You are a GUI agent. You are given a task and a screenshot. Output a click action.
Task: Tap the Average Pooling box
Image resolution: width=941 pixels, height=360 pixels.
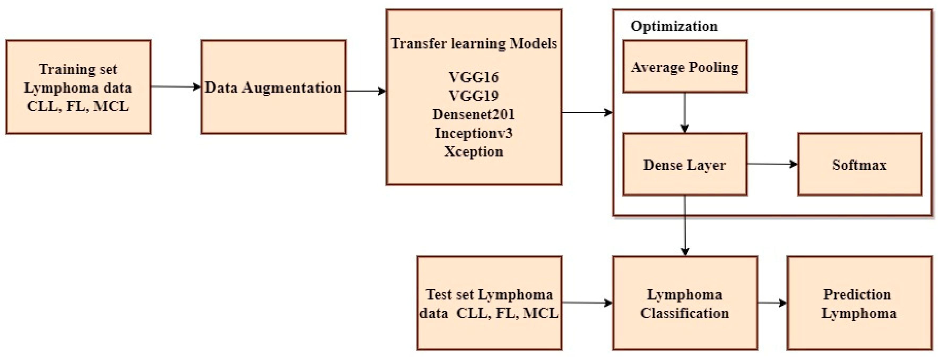pos(685,67)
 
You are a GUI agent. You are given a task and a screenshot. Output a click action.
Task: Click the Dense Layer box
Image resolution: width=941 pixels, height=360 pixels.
pos(685,164)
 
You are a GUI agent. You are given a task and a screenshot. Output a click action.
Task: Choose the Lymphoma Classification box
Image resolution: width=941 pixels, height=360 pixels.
pos(685,303)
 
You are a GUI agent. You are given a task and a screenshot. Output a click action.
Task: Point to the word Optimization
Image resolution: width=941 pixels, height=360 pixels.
pos(674,26)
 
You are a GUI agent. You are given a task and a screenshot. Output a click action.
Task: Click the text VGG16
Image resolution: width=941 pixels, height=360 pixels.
pos(473,77)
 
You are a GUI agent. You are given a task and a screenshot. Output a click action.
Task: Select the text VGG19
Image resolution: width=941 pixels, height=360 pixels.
pos(473,96)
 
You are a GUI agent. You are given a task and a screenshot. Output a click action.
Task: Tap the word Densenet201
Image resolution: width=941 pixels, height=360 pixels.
pos(473,114)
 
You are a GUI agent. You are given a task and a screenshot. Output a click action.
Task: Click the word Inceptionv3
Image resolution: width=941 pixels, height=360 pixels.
pos(473,133)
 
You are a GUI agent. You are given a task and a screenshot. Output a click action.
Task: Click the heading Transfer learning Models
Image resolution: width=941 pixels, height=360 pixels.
pos(473,44)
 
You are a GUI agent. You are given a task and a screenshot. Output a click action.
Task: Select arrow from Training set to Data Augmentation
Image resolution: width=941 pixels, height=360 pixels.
pos(176,87)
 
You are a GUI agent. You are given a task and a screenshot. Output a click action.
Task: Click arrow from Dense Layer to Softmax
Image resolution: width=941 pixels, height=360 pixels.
pos(772,164)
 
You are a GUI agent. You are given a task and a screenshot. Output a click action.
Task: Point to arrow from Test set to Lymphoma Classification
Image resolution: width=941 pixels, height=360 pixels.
pos(587,303)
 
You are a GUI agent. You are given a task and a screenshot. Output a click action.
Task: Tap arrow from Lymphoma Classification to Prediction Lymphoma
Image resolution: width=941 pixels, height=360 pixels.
pos(772,303)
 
